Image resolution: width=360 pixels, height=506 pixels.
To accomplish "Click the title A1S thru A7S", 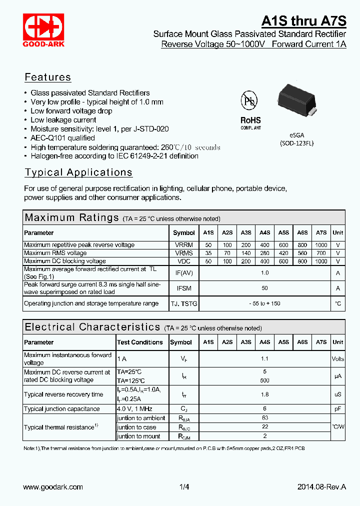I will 303,20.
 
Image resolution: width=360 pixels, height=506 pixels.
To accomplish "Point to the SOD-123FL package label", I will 296,143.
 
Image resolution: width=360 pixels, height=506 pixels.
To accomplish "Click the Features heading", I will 48,77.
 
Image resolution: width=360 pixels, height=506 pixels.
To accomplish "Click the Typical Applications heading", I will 78,172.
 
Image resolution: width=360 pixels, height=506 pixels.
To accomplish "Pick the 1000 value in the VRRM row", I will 321,245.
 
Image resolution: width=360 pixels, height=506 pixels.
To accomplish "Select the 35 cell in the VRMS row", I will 208,253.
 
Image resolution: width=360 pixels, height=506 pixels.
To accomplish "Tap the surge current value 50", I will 264,288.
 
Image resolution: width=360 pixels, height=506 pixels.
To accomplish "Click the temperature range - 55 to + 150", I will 264,303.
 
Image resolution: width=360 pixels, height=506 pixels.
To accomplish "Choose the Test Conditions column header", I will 140,342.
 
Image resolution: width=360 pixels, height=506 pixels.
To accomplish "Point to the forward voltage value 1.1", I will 264,358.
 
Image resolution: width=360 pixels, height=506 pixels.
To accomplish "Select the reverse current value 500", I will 264,380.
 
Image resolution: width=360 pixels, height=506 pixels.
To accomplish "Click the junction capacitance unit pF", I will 338,409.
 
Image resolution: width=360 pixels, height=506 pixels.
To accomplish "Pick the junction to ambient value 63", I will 264,418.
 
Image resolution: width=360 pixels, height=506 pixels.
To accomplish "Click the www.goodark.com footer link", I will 53,487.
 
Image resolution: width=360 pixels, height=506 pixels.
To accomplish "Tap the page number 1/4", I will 184,487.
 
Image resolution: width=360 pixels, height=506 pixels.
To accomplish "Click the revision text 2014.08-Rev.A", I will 321,487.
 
